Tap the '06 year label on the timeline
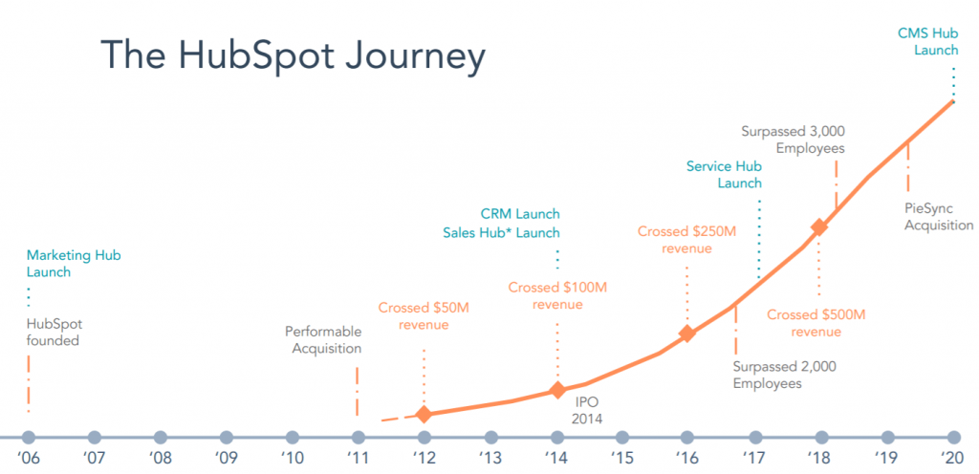click(x=29, y=458)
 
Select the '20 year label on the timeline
click(x=952, y=458)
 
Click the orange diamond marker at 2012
click(x=424, y=414)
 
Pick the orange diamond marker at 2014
click(x=557, y=390)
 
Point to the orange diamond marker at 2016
click(x=686, y=334)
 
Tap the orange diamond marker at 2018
click(x=818, y=227)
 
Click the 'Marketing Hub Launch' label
click(x=73, y=264)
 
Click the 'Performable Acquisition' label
click(x=323, y=340)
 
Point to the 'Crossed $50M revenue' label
click(x=423, y=316)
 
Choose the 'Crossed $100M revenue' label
click(x=556, y=295)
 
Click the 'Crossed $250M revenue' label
click(x=686, y=240)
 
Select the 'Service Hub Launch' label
click(x=724, y=175)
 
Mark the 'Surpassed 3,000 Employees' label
click(x=794, y=140)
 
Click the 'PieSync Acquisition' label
click(x=938, y=217)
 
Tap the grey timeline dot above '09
click(x=226, y=437)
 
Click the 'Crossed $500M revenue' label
click(x=816, y=322)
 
